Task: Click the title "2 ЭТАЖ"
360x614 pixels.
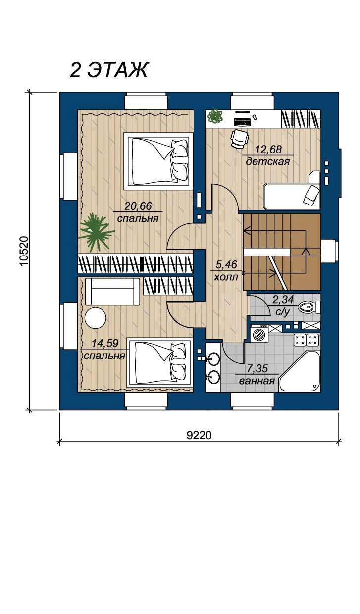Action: click(x=109, y=70)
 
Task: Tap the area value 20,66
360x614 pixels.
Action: click(x=138, y=206)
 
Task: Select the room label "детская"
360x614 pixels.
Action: click(x=267, y=162)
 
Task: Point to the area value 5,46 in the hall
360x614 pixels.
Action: click(x=226, y=265)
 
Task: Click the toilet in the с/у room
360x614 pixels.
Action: click(x=309, y=307)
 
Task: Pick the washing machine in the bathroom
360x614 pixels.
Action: click(x=259, y=333)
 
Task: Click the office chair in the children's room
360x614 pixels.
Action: click(x=239, y=139)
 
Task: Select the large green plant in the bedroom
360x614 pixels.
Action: click(x=96, y=231)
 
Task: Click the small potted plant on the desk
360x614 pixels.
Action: click(x=215, y=117)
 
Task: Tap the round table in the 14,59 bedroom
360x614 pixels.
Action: click(x=96, y=318)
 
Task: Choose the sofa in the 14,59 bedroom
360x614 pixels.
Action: click(x=112, y=291)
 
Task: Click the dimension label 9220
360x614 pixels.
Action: click(x=200, y=435)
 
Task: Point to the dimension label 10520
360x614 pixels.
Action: click(x=25, y=251)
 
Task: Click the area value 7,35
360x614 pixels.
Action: click(x=257, y=369)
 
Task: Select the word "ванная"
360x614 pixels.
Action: click(x=257, y=381)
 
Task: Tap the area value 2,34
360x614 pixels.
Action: click(x=283, y=300)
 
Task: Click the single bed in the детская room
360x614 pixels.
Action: click(x=292, y=197)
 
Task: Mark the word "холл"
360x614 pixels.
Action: click(x=226, y=277)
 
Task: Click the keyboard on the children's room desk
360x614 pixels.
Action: click(x=242, y=121)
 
